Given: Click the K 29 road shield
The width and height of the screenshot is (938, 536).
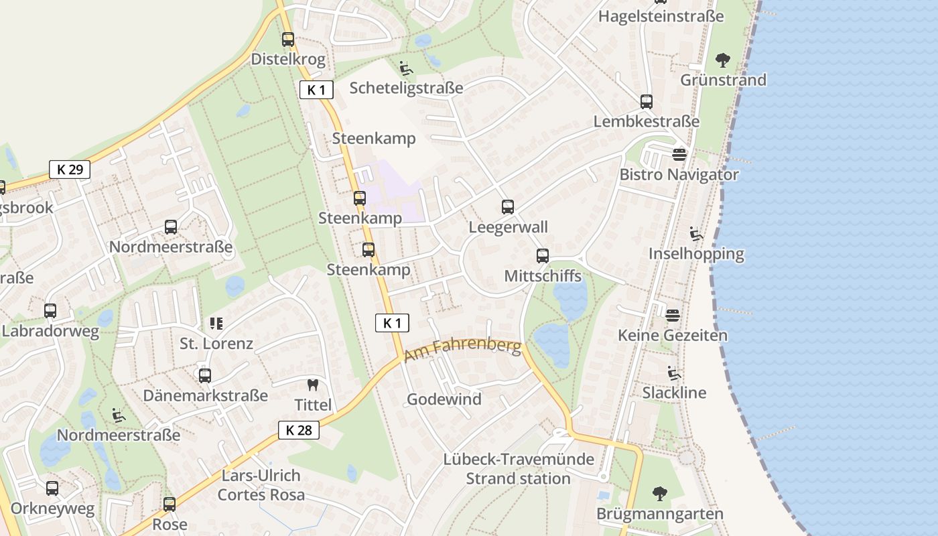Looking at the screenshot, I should pos(70,170).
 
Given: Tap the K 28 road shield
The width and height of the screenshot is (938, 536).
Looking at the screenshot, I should pos(299,430).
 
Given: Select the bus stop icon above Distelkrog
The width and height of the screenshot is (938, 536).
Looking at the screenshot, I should pos(288,40).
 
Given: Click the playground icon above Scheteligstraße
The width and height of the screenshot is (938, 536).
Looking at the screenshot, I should pos(406,68).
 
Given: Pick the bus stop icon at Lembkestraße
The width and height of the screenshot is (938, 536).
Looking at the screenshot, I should pos(647,102).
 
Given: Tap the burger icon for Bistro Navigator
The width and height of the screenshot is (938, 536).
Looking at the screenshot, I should pos(679,155).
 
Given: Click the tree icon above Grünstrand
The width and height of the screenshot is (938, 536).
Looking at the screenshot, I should pos(723,60).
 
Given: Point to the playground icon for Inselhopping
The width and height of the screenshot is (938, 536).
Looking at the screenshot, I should pos(696,234).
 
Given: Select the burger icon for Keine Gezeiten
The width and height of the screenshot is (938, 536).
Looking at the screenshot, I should pos(673,315).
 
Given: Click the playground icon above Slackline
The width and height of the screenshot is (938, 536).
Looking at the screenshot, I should pos(674,373).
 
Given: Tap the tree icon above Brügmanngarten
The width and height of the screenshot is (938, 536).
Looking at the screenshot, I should pos(660,494).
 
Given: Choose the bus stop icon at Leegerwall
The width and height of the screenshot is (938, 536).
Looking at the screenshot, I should pos(508,207).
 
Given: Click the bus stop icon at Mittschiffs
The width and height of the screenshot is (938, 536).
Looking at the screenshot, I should pos(543,256).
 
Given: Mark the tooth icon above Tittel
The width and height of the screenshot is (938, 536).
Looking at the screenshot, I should pos(312,385).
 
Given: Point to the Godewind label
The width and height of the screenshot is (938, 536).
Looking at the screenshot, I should pos(444,399).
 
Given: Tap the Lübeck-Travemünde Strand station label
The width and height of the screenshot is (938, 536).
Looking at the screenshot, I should pos(519,469).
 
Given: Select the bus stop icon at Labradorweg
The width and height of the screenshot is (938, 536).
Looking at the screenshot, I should pos(50,311).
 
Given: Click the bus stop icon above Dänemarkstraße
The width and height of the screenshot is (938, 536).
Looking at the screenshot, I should pos(205,376).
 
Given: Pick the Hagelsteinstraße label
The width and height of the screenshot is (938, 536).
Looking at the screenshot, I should pos(661,16).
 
